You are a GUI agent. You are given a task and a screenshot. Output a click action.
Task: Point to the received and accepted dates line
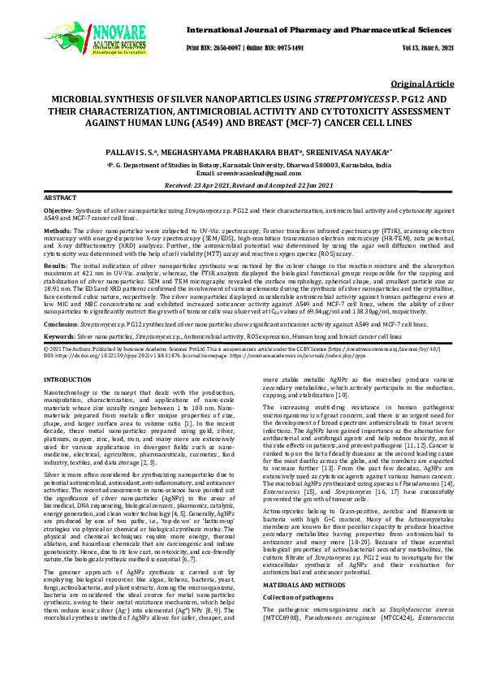point(241,185)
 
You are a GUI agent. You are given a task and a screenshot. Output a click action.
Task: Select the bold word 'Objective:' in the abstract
point(58,210)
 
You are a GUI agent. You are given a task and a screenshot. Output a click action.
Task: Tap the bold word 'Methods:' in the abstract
point(56,231)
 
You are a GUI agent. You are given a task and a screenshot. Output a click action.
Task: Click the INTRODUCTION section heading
point(67,380)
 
